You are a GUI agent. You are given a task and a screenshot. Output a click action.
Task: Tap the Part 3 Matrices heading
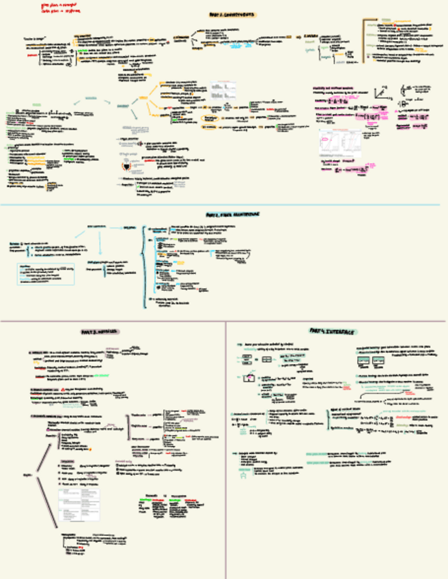coord(99,332)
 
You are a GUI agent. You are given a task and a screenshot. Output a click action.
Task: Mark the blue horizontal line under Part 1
coord(219,204)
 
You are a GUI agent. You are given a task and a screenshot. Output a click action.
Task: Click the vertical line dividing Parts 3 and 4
coord(225,451)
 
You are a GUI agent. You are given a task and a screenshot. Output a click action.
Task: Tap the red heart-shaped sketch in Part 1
coord(125,166)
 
